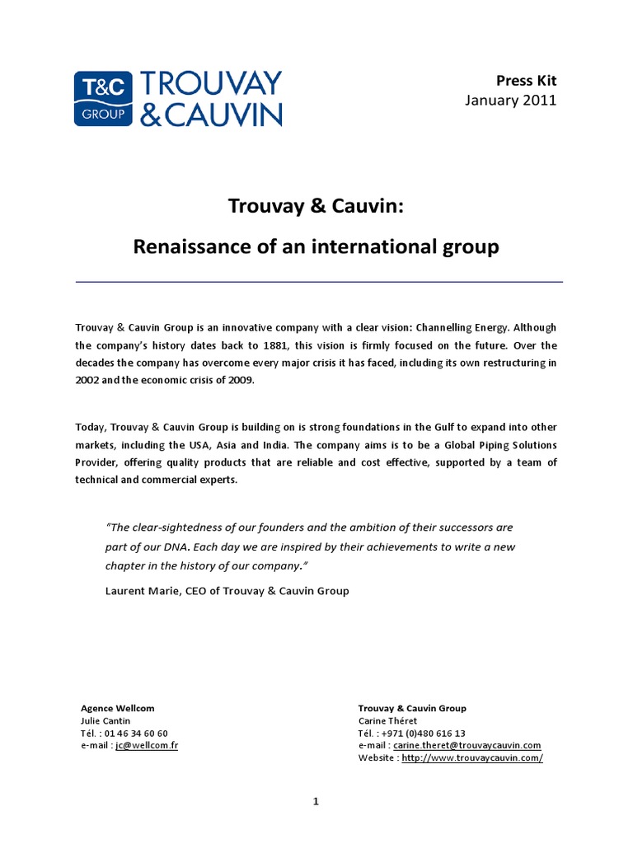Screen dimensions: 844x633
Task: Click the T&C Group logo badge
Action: coord(103,98)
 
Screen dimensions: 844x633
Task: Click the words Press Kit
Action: coord(526,80)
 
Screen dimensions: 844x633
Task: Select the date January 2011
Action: coord(511,101)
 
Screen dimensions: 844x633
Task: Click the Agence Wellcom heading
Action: coord(117,708)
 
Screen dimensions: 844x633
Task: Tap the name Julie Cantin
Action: coord(105,720)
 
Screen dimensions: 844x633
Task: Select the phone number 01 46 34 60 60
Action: coord(137,733)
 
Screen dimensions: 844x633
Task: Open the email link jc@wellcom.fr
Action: coord(147,745)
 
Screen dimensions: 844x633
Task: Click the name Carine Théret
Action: coord(387,720)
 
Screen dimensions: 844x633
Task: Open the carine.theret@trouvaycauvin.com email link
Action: coord(467,745)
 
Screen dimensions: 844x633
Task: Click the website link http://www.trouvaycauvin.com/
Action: coord(472,757)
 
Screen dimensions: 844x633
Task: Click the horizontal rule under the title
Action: coord(319,282)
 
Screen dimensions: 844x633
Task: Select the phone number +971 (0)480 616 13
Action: coord(424,733)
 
